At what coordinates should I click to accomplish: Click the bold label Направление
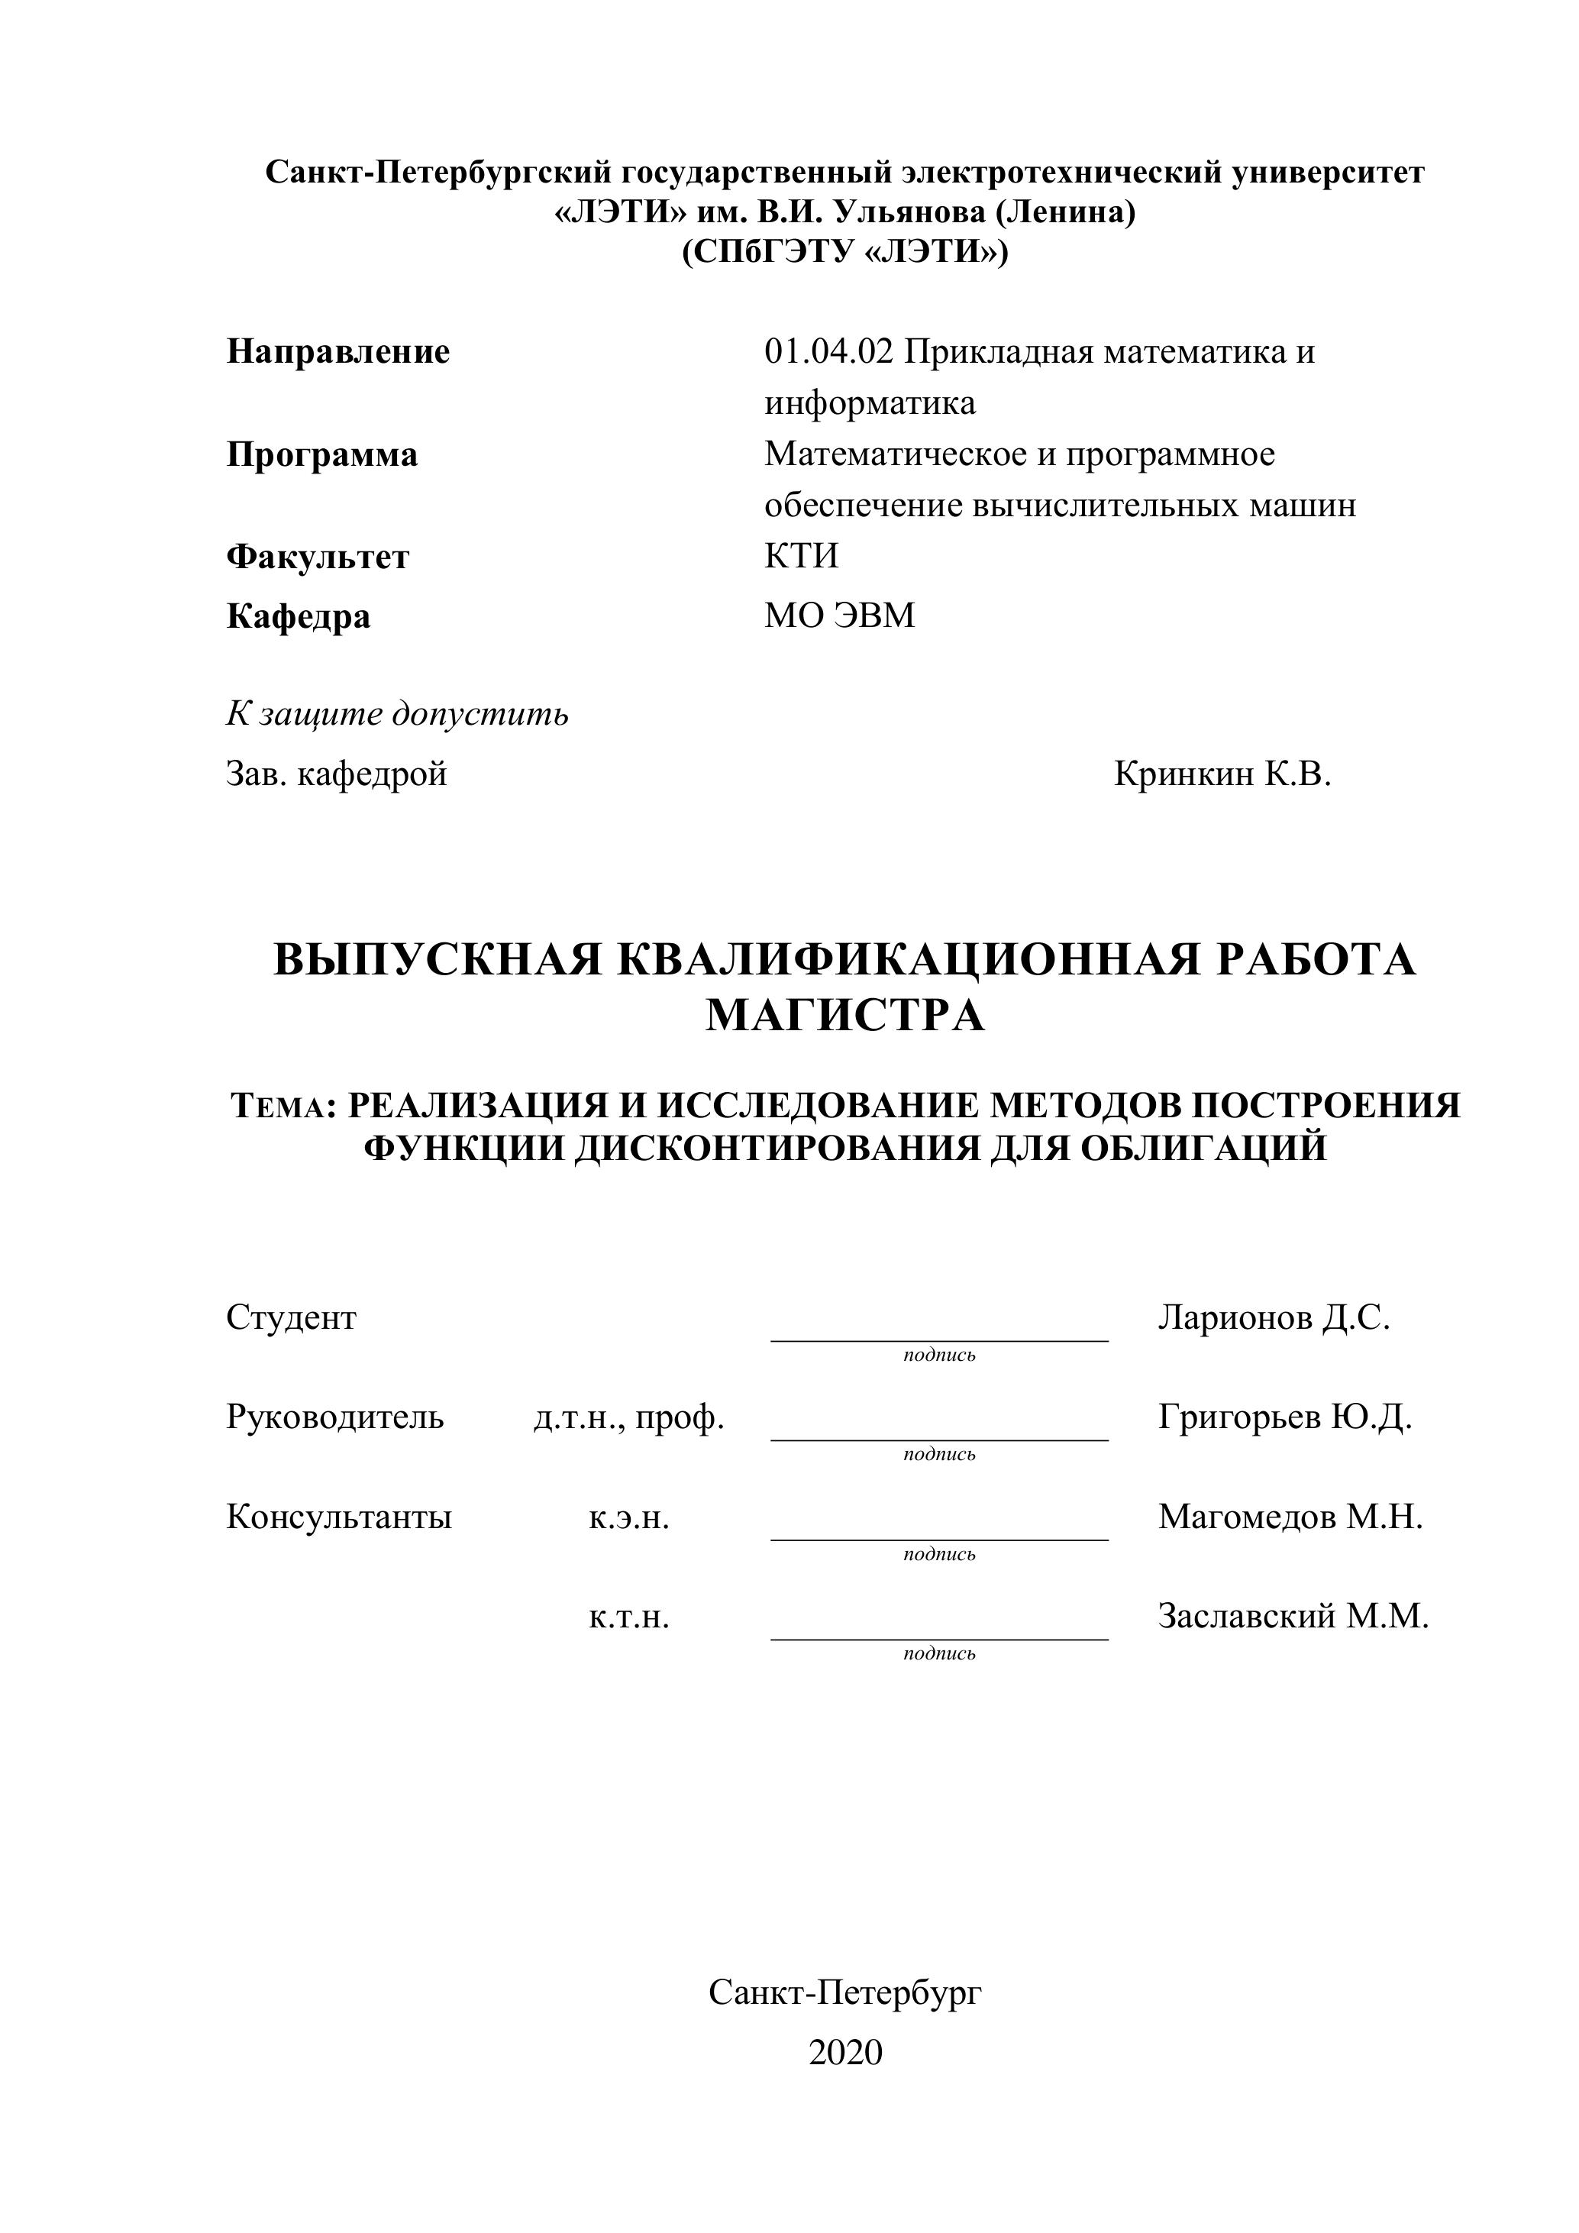tap(338, 351)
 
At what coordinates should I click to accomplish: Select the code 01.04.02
tap(828, 351)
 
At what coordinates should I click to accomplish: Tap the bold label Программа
tap(321, 454)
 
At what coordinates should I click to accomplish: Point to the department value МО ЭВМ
tap(839, 616)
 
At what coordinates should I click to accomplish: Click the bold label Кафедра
tap(299, 616)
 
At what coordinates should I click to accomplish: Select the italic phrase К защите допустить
tap(397, 714)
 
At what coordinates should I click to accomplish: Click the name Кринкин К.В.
tap(1222, 774)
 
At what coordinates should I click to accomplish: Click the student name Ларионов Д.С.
tap(1274, 1318)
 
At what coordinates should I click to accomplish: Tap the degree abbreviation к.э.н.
tap(628, 1517)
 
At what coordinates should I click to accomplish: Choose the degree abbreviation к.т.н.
tap(628, 1617)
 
